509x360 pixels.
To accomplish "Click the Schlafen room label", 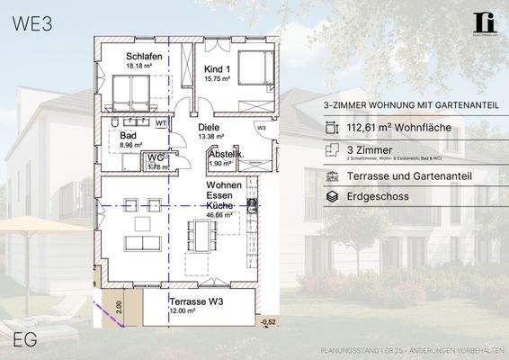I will pos(143,56).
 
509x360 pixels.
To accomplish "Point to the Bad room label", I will pos(128,135).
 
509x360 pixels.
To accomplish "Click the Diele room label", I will pos(209,128).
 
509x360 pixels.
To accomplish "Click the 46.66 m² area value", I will pos(219,216).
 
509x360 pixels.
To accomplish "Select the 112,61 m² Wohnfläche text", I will pos(397,130).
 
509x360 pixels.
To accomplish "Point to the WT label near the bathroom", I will pos(160,122).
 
